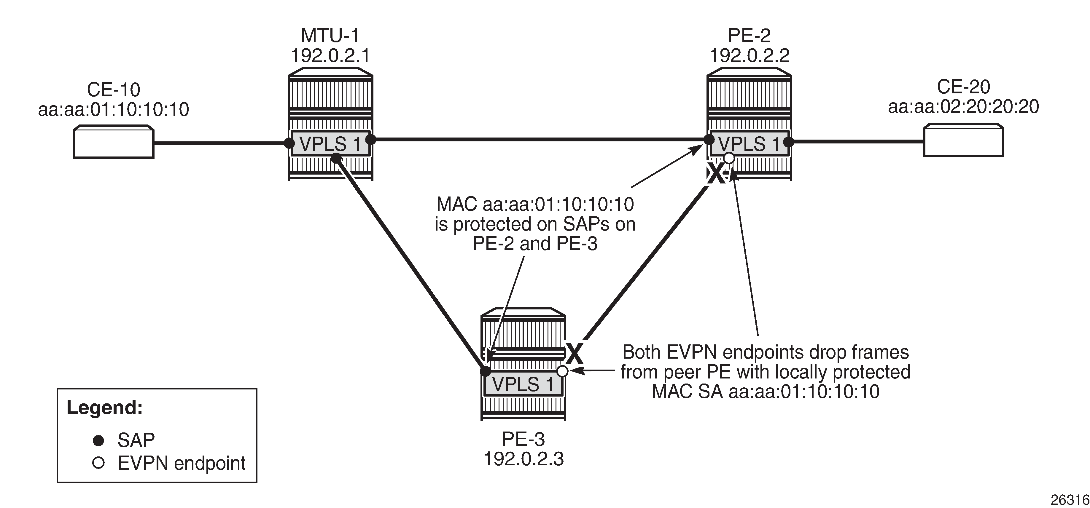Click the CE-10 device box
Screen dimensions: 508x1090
click(x=113, y=142)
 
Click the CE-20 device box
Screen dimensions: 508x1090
click(x=963, y=140)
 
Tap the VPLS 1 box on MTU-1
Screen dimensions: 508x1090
click(x=330, y=144)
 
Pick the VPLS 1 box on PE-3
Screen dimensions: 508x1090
click(x=523, y=384)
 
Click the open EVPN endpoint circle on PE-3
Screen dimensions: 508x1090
click(x=562, y=371)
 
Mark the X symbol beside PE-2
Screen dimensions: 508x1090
click(x=716, y=174)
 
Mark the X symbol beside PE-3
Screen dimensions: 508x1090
click(x=575, y=354)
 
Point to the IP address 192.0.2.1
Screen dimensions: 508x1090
click(x=330, y=55)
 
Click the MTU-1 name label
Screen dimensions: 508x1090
click(x=330, y=36)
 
